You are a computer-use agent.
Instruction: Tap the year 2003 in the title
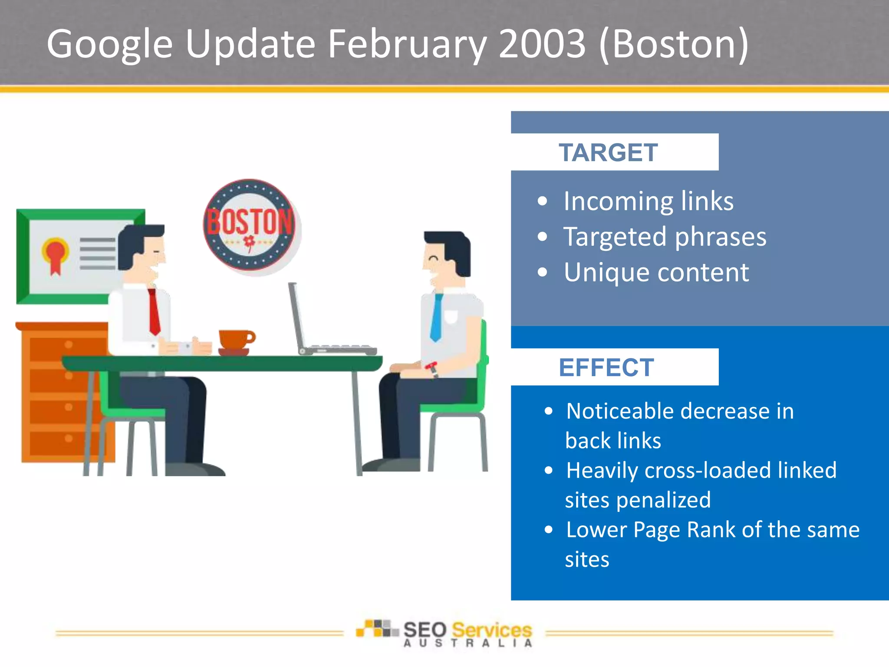(543, 44)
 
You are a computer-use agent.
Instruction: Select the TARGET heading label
(608, 153)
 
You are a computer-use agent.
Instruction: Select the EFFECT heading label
(606, 368)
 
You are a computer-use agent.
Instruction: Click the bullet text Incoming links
(649, 201)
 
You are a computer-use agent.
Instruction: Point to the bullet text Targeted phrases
(665, 237)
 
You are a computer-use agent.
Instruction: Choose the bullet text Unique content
(656, 273)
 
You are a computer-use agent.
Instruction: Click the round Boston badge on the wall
(250, 225)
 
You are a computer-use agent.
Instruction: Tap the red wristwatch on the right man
(432, 368)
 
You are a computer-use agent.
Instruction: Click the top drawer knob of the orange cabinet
(69, 345)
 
